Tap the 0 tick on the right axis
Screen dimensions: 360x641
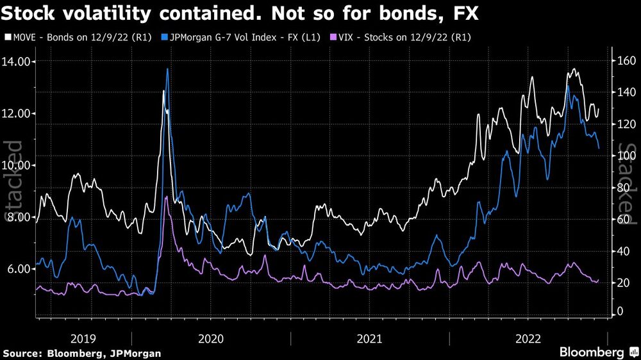click(619, 311)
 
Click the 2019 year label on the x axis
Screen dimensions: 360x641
click(83, 338)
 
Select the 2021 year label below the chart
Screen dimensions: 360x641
click(370, 338)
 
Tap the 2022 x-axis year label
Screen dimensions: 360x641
click(528, 338)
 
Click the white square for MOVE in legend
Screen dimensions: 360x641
click(6, 38)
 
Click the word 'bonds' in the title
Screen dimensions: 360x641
click(416, 13)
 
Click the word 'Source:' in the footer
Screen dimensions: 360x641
click(23, 353)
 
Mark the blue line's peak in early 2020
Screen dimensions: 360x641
click(167, 69)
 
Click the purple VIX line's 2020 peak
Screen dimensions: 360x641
click(166, 197)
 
